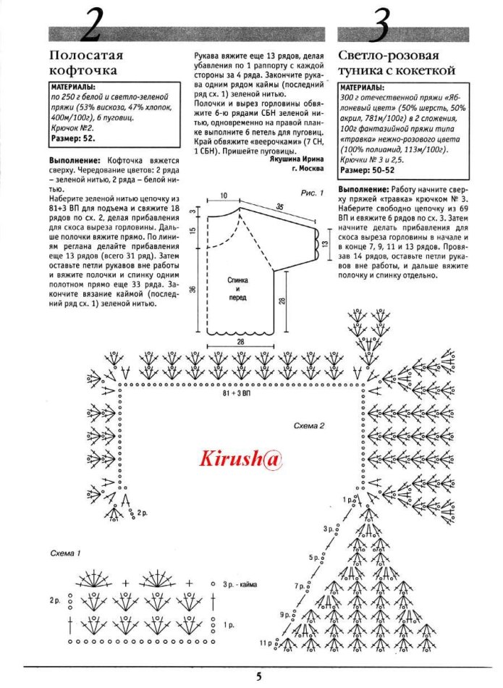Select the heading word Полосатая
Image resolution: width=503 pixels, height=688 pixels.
point(86,55)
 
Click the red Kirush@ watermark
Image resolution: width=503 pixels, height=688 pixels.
point(240,458)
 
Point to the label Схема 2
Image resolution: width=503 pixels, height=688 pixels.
point(309,426)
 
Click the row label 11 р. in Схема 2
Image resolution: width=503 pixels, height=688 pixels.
point(266,642)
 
